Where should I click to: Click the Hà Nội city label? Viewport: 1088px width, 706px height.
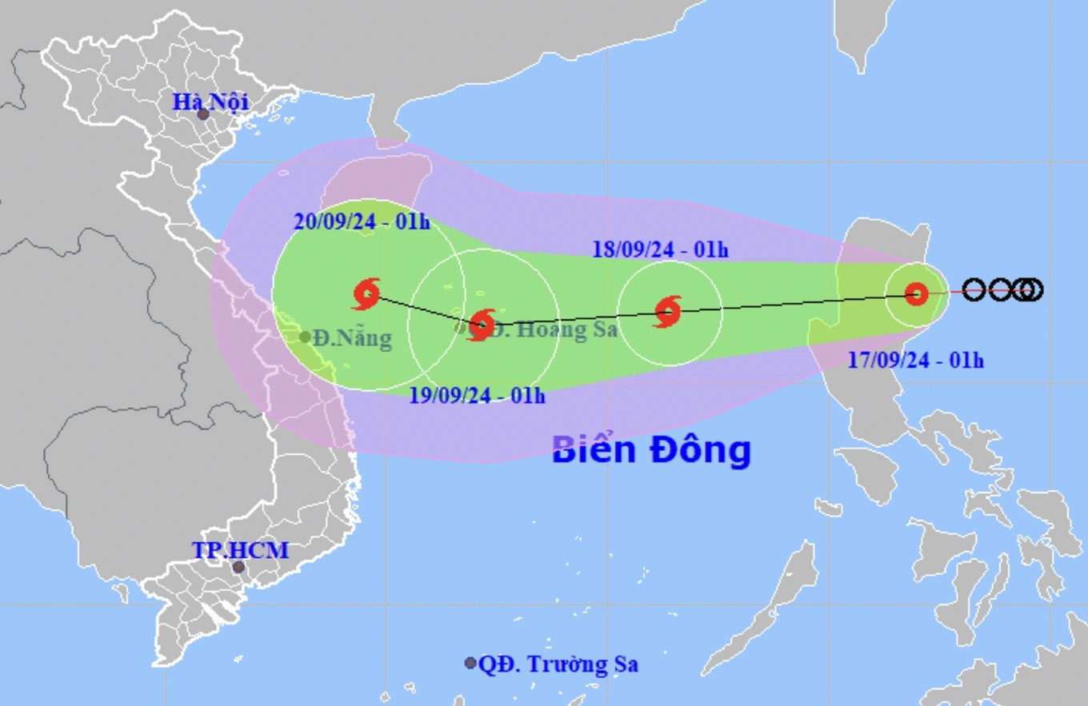coord(211,102)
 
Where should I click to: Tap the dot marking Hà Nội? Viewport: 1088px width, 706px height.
coord(203,114)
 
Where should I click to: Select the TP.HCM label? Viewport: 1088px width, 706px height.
coord(240,550)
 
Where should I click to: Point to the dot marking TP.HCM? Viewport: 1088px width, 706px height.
coord(238,567)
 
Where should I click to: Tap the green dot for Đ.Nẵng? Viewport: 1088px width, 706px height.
coord(305,337)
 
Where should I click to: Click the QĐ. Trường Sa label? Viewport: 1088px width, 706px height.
coord(558,664)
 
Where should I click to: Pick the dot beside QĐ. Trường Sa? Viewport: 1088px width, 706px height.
coord(470,663)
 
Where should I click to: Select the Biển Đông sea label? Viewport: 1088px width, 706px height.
coord(651,450)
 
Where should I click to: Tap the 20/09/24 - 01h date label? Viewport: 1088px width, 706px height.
coord(362,222)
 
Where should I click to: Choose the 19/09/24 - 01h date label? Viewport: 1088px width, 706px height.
coord(477,395)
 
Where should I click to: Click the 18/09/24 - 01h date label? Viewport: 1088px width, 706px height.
coord(660,249)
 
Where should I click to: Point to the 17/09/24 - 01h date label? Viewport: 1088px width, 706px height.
coord(916,361)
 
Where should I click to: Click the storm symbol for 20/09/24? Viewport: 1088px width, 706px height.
coord(366,294)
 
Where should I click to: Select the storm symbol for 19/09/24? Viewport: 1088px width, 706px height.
coord(482,325)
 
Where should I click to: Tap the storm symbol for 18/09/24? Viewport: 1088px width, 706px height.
coord(668,311)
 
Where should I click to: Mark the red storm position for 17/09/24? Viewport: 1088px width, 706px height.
coord(916,294)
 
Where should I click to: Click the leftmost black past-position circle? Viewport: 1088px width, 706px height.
coord(974,289)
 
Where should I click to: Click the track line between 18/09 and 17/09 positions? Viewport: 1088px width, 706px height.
coord(792,303)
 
